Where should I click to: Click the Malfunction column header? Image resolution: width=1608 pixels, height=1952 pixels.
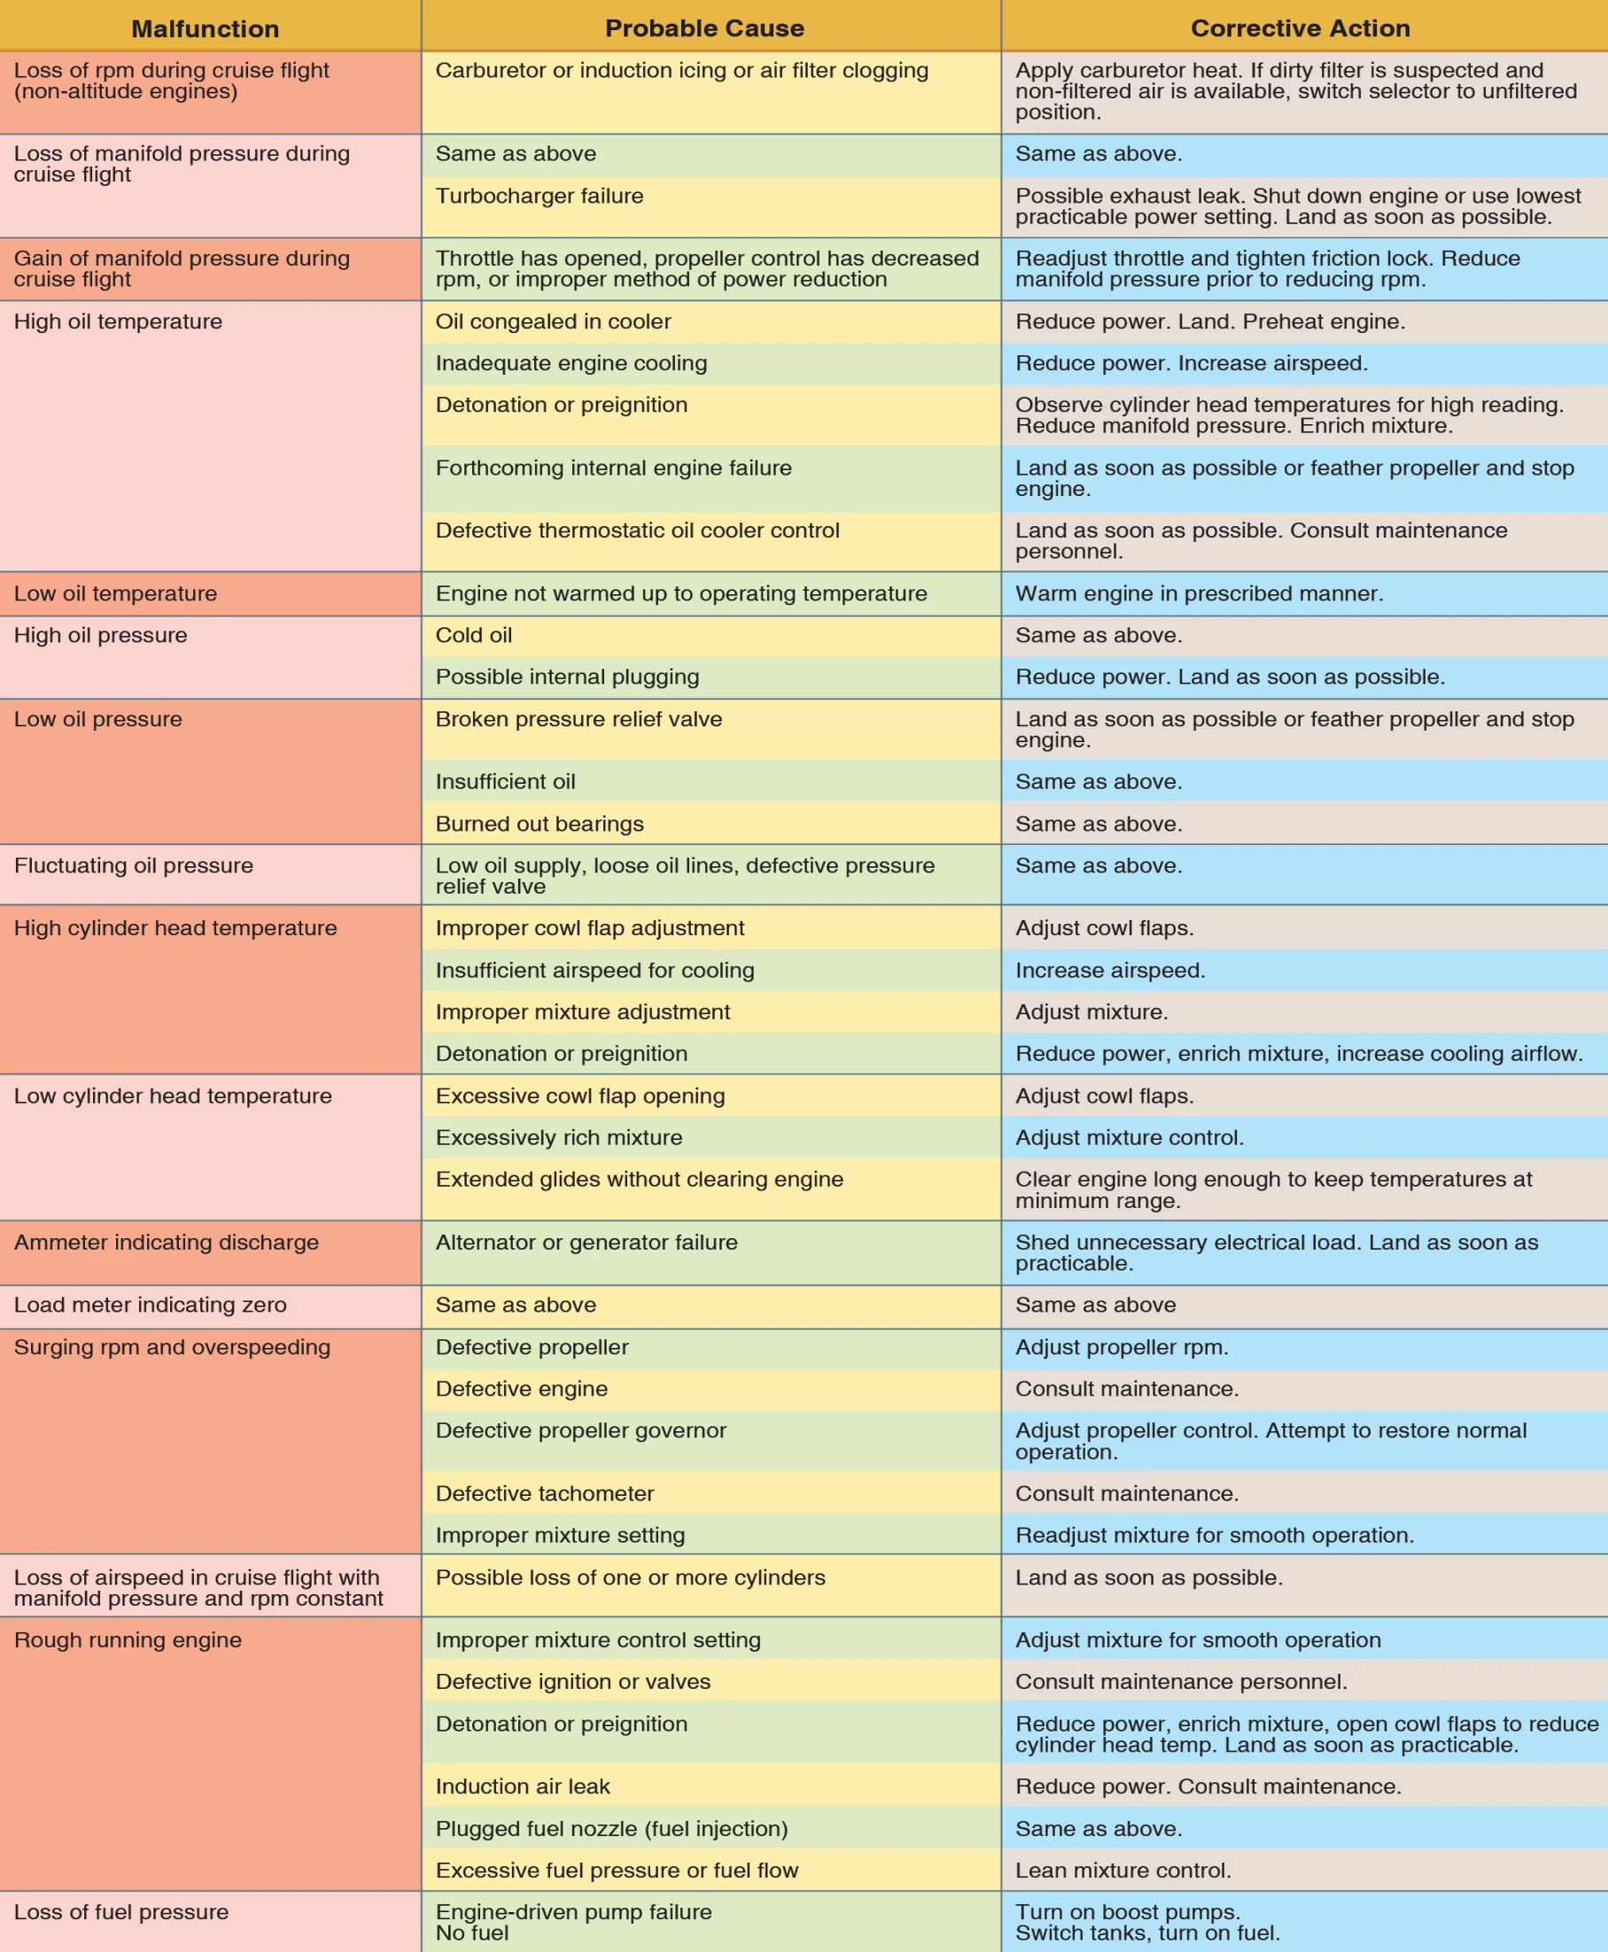(x=205, y=28)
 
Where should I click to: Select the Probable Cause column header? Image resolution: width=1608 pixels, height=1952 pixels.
(x=704, y=28)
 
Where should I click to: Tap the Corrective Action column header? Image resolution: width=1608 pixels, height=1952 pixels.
(x=1300, y=28)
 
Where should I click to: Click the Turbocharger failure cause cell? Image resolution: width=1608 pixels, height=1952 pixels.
(x=539, y=197)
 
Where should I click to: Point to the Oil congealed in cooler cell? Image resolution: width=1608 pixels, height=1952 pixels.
(x=553, y=321)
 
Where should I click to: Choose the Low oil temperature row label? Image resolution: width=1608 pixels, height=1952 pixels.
(x=115, y=593)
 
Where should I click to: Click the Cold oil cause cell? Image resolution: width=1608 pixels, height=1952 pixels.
(x=473, y=635)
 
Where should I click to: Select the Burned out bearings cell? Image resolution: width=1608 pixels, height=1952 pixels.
(x=539, y=825)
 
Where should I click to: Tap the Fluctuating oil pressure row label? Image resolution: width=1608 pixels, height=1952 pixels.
(x=134, y=866)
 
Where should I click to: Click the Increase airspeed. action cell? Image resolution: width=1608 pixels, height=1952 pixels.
(x=1110, y=971)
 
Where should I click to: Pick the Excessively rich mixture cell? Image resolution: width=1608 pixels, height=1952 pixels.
(x=558, y=1137)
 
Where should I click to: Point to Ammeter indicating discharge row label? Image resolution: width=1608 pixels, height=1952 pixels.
(x=166, y=1243)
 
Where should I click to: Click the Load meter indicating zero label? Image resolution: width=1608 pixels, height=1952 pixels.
(x=150, y=1305)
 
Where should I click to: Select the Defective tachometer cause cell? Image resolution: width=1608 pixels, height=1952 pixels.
(x=545, y=1493)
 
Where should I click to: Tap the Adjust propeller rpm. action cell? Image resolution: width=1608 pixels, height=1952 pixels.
(x=1122, y=1347)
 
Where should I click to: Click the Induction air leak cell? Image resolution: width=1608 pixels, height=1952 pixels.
(x=523, y=1786)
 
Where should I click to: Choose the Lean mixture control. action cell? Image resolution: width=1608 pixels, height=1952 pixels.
(x=1122, y=1871)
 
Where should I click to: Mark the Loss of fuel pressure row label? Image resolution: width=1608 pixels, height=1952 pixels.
(x=121, y=1912)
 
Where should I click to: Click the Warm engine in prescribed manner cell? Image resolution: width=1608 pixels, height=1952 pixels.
(x=1199, y=593)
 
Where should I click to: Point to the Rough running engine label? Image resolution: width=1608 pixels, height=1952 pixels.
(x=128, y=1640)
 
